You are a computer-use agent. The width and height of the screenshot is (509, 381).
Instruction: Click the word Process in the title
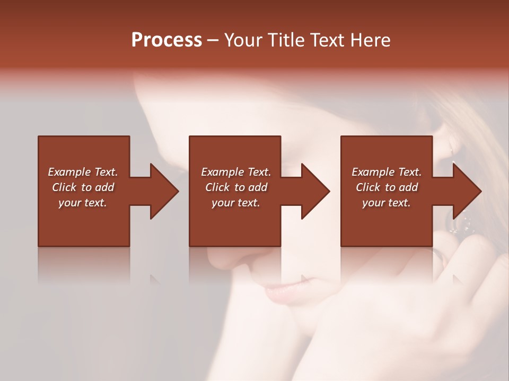coord(166,40)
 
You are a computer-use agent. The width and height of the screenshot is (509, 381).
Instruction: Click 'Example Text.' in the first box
coord(83,172)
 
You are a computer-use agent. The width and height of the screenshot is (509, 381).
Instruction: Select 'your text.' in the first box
coord(83,203)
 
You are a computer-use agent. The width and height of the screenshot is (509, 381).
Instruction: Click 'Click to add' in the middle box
coord(236,187)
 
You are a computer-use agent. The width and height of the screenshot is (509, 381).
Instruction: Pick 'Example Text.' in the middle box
coord(236,172)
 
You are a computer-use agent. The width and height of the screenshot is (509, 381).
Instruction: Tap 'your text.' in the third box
coord(387,203)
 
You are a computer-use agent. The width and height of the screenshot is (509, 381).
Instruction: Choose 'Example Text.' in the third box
coord(387,172)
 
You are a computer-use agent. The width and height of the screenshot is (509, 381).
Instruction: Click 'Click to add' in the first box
coord(83,187)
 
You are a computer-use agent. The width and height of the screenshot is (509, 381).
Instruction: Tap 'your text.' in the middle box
coord(236,203)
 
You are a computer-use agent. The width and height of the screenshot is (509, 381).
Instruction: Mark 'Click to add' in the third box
coord(387,187)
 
